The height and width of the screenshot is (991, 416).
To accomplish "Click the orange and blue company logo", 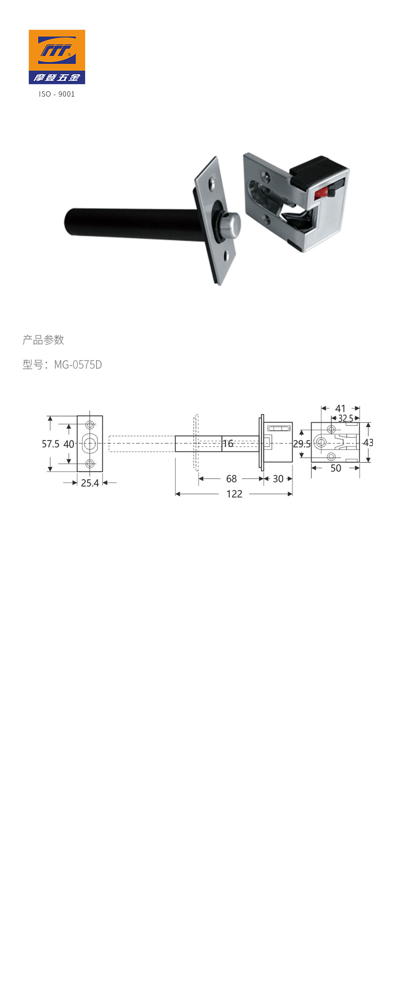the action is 57,56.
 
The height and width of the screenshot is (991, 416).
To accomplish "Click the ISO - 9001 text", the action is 57,94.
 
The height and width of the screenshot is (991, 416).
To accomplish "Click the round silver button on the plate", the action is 228,226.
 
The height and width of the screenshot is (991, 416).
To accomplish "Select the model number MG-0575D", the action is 78,365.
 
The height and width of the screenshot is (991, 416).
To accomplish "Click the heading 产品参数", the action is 43,340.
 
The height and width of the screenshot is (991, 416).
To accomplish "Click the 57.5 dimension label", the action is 51,444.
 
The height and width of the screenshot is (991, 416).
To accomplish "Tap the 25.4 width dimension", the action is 90,483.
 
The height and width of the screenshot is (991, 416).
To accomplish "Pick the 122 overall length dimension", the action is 234,494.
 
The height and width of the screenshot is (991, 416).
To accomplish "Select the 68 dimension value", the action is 231,479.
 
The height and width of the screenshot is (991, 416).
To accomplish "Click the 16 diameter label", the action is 228,443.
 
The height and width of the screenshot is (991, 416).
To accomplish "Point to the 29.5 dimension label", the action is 302,444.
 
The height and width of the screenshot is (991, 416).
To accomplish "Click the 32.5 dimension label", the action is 346,419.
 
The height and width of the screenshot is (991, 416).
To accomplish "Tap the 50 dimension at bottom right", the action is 336,468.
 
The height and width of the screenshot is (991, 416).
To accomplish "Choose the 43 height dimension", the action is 368,442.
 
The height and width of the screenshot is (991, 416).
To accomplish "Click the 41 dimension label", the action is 340,409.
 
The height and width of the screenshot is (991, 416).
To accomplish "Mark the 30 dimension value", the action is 278,479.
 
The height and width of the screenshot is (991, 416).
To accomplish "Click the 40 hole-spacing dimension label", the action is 69,444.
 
